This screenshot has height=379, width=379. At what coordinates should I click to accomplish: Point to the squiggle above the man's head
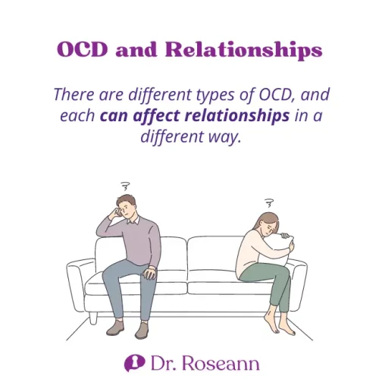click(124, 186)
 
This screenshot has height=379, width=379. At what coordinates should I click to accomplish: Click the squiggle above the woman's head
click(268, 202)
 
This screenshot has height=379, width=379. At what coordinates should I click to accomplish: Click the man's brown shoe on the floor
click(141, 329)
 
